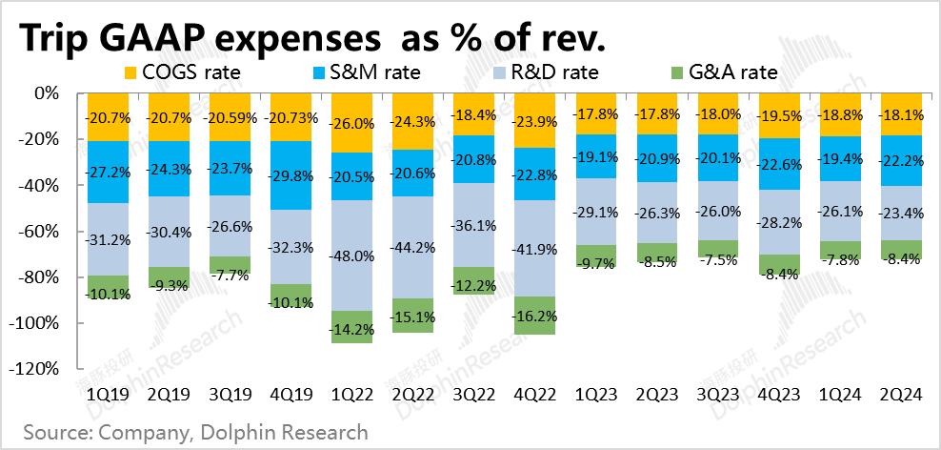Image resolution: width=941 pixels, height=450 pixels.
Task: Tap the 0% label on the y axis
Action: (46, 93)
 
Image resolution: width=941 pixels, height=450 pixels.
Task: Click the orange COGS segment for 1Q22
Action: (351, 123)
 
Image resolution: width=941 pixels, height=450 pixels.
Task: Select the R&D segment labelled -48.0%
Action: (351, 256)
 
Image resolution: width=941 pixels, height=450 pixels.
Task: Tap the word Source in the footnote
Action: (55, 432)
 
